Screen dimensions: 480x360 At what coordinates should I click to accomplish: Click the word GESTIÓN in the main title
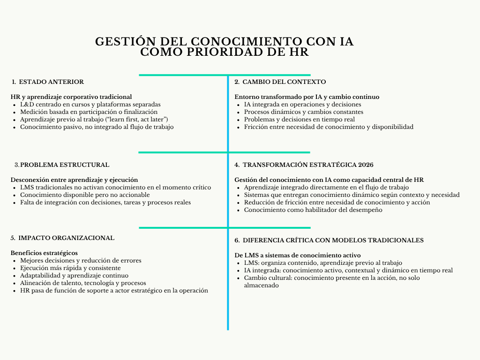[121, 42]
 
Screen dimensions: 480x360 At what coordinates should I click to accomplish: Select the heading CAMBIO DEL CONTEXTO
[284, 82]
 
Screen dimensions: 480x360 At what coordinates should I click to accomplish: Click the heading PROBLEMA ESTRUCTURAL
[65, 165]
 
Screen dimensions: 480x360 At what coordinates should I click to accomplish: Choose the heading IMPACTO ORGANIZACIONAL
[66, 238]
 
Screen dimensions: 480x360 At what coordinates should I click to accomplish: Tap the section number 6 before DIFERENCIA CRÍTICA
[237, 240]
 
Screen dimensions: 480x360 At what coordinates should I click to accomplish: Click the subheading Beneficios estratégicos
[44, 253]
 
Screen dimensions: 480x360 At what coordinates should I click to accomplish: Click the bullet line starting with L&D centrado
[90, 105]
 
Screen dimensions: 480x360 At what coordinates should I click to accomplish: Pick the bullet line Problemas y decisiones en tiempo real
[299, 120]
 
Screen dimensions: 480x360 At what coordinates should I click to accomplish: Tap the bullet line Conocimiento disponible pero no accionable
[85, 195]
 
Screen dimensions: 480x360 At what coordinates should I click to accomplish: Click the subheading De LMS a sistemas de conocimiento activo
[297, 255]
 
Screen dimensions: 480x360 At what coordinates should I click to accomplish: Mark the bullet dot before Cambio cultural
[239, 278]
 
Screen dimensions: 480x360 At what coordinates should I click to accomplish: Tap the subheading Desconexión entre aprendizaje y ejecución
[74, 180]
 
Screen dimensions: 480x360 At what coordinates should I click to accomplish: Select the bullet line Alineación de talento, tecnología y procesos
[83, 283]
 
